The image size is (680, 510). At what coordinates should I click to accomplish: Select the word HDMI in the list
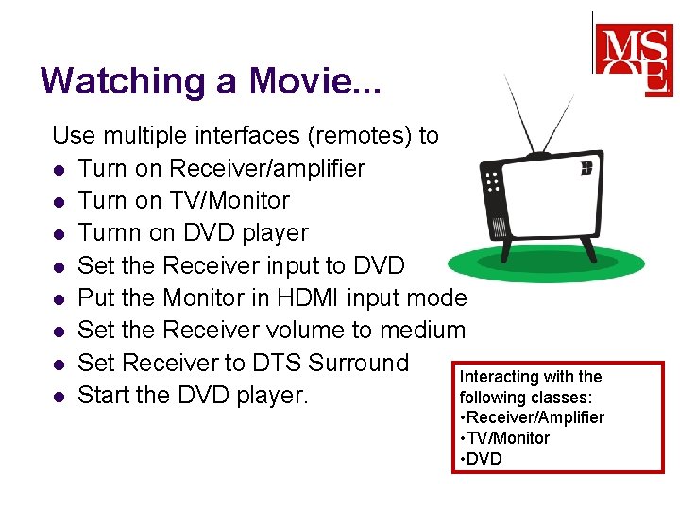tap(308, 297)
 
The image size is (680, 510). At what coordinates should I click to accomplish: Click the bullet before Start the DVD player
tap(59, 395)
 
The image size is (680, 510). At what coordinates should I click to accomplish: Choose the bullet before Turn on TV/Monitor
tap(59, 201)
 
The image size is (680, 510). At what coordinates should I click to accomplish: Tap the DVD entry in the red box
tap(484, 459)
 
